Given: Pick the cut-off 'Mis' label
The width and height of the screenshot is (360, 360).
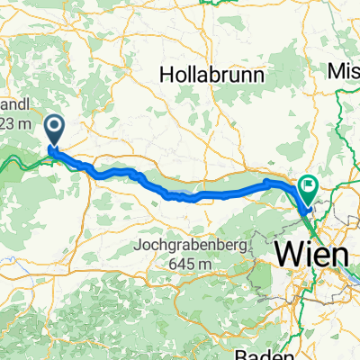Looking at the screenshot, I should (345, 69).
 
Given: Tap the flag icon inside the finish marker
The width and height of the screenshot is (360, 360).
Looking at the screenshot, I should (310, 186).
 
